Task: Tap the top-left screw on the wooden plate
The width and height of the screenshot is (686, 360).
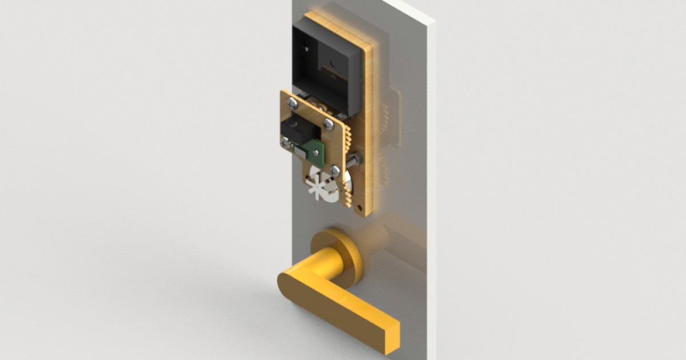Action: (293, 103)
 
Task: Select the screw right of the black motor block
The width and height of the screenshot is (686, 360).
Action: (328, 123)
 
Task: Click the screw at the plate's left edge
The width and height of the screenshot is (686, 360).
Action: (286, 141)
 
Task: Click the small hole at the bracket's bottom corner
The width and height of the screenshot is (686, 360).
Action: (358, 207)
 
